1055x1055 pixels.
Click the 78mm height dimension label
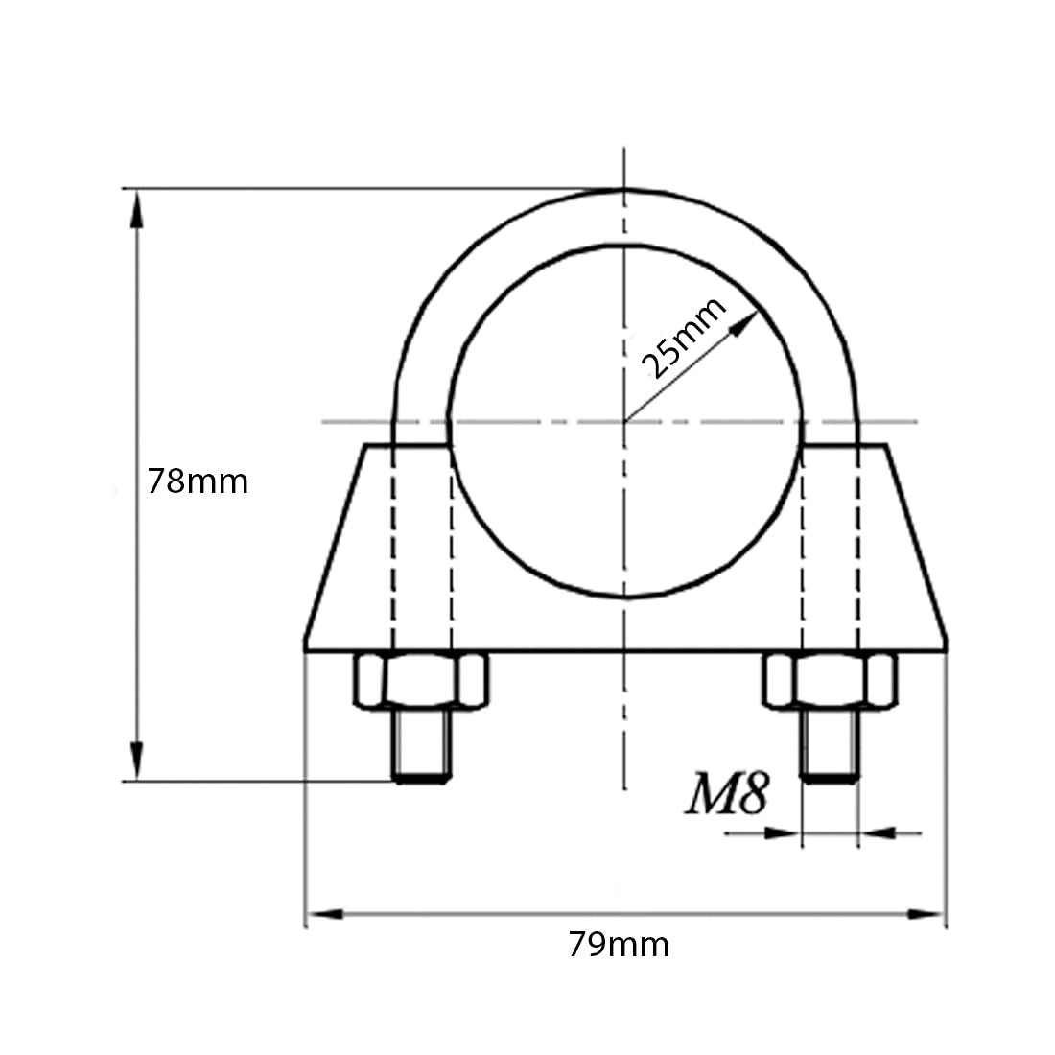pyautogui.click(x=198, y=481)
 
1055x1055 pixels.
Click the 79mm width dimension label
pyautogui.click(x=619, y=945)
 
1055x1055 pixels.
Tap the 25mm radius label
pyautogui.click(x=684, y=338)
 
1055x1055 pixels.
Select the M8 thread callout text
pyautogui.click(x=727, y=794)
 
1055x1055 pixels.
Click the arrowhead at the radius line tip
pyautogui.click(x=744, y=323)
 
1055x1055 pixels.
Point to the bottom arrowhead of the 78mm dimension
pyautogui.click(x=136, y=761)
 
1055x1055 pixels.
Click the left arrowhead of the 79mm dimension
pyautogui.click(x=325, y=914)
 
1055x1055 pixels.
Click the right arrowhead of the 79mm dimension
pyautogui.click(x=926, y=914)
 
